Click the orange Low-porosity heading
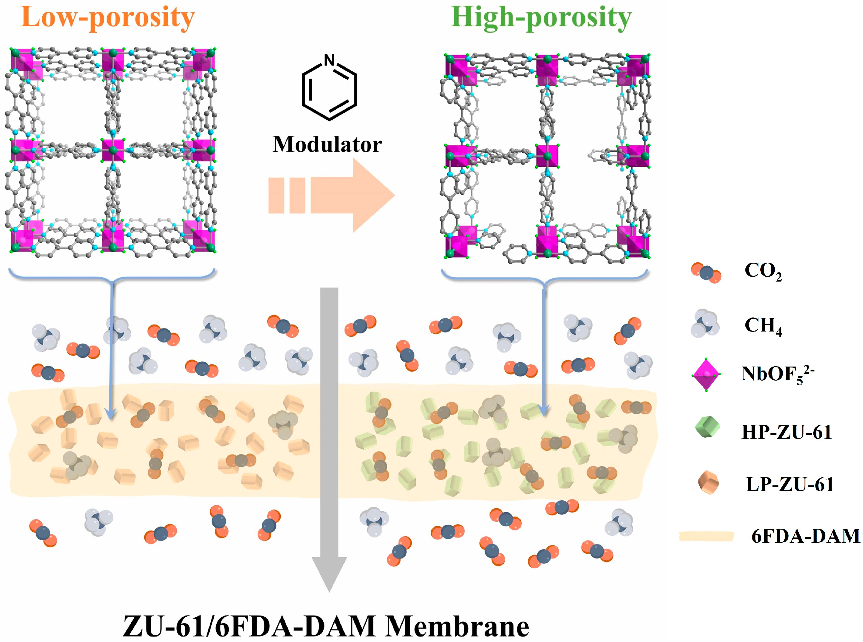108,17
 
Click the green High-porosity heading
541,17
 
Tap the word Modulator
327,144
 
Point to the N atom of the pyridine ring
329,60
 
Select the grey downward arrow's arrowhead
329,573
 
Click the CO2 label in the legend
763,271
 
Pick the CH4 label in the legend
763,326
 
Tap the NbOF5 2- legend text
777,375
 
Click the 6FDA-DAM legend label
805,536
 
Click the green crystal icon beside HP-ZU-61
707,427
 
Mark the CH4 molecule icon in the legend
705,323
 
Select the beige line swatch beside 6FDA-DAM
706,536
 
